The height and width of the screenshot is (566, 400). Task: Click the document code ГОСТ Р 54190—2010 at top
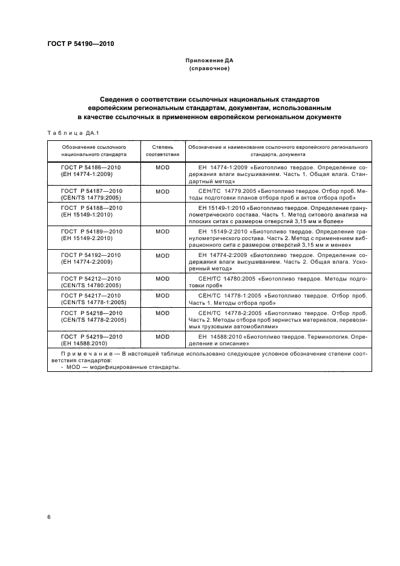80,44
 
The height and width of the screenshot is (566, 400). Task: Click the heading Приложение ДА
209,61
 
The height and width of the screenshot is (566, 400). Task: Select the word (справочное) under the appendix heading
209,69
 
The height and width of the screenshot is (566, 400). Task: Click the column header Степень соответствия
162,151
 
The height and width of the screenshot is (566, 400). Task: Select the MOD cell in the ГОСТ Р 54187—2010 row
162,190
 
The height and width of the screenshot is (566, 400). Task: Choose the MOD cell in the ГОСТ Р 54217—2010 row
162,296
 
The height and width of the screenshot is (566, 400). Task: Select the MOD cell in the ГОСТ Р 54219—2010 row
162,336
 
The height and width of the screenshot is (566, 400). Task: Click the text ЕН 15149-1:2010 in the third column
227,207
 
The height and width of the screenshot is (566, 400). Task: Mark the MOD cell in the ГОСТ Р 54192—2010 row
162,255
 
